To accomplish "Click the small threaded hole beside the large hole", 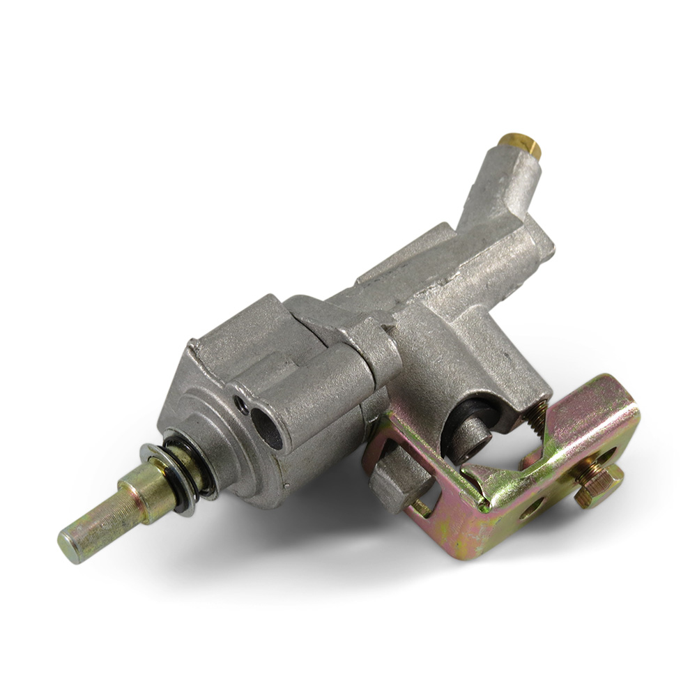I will [241, 405].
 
